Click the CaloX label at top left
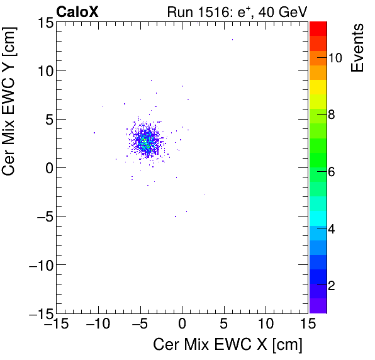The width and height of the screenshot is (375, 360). [x=77, y=11]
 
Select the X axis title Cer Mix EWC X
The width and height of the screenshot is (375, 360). [x=228, y=345]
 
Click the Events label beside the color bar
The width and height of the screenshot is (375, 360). [x=358, y=48]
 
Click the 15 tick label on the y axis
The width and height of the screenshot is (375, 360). [x=43, y=22]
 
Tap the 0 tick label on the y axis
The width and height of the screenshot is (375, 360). [x=47, y=168]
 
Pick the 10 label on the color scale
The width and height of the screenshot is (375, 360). [x=335, y=58]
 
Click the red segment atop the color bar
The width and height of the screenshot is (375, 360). [x=318, y=28]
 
